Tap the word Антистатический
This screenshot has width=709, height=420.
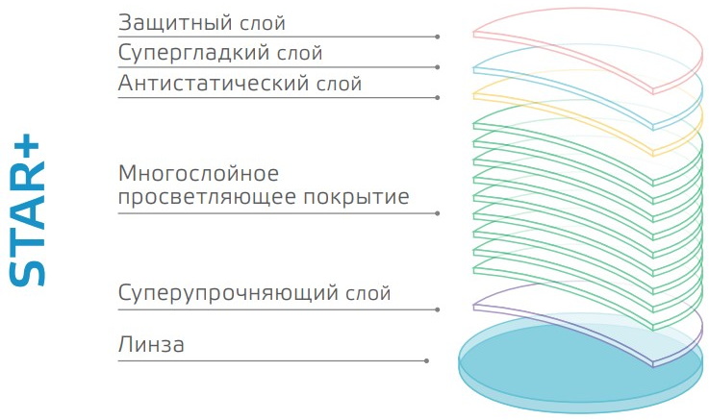(x=214, y=83)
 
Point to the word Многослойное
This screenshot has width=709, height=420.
(x=198, y=173)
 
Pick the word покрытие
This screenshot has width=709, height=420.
(x=356, y=197)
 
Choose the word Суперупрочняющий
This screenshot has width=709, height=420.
(x=228, y=293)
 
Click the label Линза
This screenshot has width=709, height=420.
(x=151, y=345)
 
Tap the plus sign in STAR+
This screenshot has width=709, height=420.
(x=30, y=147)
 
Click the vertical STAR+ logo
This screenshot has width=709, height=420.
(x=28, y=210)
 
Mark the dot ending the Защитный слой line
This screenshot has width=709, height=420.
(x=438, y=37)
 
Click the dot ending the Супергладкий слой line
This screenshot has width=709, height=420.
(x=438, y=67)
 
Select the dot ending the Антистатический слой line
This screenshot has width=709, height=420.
(x=438, y=97)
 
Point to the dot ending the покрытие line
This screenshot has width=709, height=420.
(x=438, y=213)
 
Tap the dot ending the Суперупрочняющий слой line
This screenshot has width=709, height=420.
(x=438, y=309)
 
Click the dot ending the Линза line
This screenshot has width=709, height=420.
(x=426, y=360)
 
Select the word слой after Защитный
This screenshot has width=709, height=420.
(x=263, y=23)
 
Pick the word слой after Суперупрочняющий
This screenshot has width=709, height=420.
(x=368, y=294)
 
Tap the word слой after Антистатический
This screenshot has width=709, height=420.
(x=340, y=84)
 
